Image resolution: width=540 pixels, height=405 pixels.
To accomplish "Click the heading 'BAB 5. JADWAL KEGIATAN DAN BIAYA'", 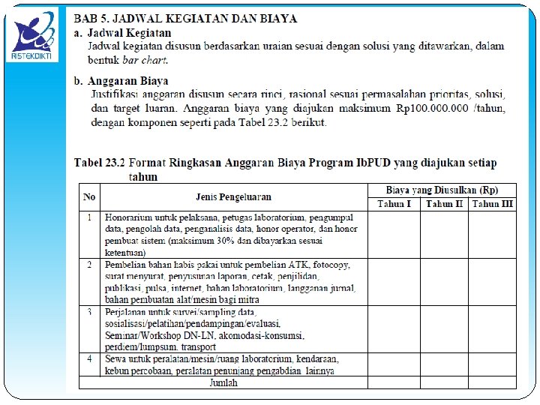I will pos(185,18).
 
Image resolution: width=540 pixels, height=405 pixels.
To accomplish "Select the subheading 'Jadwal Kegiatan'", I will pos(130,33).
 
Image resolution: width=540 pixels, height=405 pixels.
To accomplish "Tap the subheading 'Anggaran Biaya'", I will pos(128,80).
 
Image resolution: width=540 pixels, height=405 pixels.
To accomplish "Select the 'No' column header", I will pos(89,197).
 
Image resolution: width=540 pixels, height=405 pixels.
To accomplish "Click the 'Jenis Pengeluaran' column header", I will pos(233,197).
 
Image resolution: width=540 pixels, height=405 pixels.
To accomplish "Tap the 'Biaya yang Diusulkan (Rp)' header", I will pos(442,190).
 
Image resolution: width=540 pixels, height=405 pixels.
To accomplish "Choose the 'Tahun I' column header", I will pos(394,204).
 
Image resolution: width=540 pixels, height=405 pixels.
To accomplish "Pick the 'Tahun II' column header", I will pos(444,204).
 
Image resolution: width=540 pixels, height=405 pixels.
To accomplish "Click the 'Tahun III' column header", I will pos(493,204).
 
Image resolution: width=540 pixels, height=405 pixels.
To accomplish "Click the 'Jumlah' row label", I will pos(223,382).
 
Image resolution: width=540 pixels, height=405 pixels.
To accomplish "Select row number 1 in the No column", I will pos(89,217).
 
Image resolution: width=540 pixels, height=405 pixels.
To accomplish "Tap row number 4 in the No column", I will pos(89,358).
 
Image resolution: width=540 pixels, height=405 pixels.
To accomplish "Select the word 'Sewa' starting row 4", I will pos(115,358).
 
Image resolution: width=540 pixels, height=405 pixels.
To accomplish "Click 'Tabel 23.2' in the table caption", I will pos(99,163).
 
